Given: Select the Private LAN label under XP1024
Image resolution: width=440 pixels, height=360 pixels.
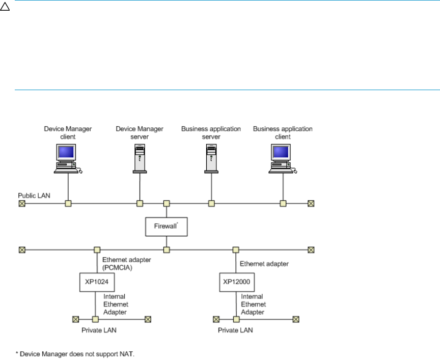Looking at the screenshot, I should (99, 330).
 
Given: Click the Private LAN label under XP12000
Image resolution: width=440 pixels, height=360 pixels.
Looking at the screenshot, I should (235, 330).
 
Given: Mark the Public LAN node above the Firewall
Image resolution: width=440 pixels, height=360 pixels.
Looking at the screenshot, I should (166, 204).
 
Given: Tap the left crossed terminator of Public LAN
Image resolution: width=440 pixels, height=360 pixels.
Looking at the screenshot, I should (22, 204).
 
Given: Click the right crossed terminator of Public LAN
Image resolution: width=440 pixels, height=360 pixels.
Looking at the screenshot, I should (311, 204).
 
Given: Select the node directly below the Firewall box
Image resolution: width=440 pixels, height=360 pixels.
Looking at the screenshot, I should (166, 250).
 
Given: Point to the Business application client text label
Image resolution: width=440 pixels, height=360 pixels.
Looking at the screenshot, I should (283, 132).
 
